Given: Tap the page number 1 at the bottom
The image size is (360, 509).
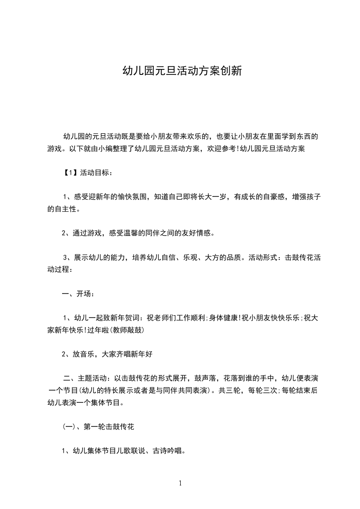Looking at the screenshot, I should point(180,483).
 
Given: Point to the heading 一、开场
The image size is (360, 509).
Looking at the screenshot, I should point(78,294).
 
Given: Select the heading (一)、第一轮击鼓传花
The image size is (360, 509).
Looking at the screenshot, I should point(97,427).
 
